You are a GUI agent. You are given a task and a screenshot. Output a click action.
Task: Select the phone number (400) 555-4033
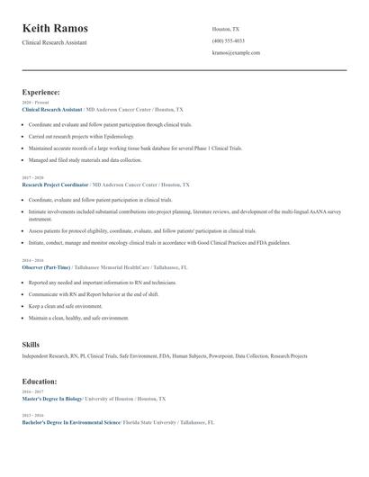229,40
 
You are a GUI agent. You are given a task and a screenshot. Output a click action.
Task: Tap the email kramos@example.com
236,53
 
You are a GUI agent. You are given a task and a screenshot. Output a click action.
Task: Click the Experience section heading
41,92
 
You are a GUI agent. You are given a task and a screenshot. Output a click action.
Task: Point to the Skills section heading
31,345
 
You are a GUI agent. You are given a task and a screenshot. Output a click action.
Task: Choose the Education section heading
40,382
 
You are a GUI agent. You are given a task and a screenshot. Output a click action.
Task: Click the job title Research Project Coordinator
55,184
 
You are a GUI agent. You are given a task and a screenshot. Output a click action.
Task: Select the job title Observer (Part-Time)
46,267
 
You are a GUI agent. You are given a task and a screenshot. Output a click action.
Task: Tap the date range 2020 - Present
34,103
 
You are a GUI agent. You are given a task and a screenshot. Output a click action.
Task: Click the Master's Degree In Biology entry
53,398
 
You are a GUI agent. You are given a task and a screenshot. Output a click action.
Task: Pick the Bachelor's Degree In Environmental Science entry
71,421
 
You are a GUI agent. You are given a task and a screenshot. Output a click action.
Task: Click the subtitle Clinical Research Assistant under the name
54,43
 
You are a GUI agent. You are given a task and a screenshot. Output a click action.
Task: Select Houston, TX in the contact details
226,29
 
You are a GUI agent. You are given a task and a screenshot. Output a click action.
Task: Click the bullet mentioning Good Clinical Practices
159,242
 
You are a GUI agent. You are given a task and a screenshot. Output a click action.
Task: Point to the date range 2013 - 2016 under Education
31,415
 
